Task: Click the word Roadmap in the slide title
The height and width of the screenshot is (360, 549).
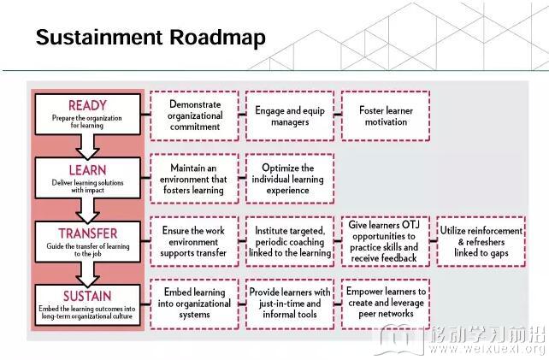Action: coord(218,38)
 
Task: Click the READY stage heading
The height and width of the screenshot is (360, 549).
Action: coord(87,105)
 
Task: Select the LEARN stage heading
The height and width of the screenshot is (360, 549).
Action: coord(87,170)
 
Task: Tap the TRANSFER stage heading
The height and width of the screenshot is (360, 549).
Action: coord(88,233)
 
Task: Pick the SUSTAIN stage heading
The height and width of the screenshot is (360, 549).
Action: coord(87,296)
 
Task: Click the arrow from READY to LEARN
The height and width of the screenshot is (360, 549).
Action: coord(87,147)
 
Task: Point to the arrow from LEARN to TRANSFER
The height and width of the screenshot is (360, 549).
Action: coord(87,210)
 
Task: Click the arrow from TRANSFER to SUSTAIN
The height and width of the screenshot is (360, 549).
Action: coord(87,274)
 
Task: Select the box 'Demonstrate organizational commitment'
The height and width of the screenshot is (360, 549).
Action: coord(195,116)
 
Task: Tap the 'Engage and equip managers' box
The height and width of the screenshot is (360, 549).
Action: coord(290,116)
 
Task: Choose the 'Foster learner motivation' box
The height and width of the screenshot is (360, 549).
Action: coord(386,116)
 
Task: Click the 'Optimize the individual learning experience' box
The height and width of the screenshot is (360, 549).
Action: coord(290,179)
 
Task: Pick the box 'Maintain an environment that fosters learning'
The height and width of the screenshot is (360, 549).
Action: coord(195,179)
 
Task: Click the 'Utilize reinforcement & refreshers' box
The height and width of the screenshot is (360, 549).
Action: coord(481,242)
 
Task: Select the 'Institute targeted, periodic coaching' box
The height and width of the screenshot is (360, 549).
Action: coord(290,242)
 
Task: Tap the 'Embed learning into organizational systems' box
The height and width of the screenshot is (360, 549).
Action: coord(195,304)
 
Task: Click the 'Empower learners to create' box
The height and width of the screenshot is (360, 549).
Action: coord(386,304)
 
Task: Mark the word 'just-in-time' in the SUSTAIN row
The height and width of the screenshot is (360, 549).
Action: coord(276,304)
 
